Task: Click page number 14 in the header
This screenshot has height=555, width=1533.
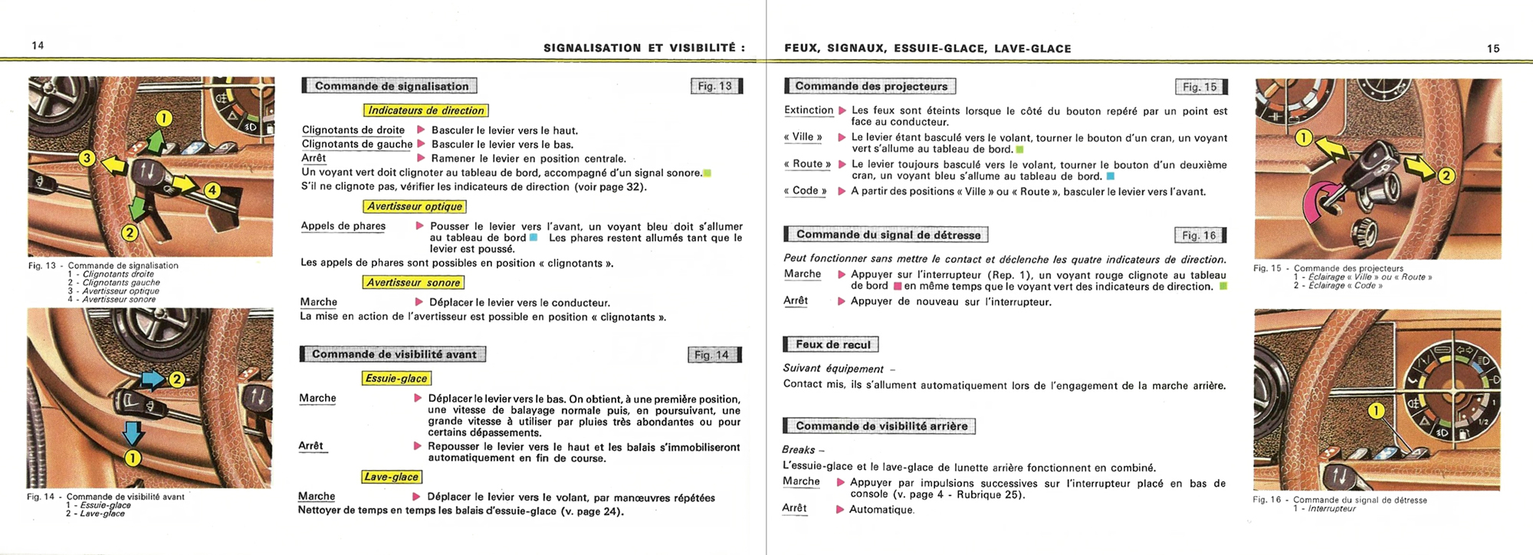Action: click(38, 45)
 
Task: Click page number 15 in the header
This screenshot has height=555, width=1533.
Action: click(1493, 48)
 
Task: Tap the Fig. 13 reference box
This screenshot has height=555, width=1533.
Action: click(715, 86)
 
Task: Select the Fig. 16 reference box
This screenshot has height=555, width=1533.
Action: click(1199, 235)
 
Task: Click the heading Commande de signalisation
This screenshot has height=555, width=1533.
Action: click(391, 86)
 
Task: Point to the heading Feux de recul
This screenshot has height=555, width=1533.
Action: click(832, 344)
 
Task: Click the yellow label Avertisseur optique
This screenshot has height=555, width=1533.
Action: click(415, 206)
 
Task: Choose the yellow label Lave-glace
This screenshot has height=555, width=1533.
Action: click(391, 477)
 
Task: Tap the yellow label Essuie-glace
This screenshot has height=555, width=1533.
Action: click(396, 378)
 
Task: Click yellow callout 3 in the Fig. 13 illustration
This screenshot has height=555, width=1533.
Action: click(87, 158)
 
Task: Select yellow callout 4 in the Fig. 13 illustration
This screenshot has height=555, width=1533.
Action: click(212, 190)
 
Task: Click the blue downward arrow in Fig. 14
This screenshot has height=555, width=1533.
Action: click(133, 433)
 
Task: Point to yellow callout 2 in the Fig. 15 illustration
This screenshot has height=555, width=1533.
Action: click(1446, 176)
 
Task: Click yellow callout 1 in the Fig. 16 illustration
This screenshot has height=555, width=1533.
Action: click(1377, 411)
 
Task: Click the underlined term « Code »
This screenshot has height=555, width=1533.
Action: click(805, 191)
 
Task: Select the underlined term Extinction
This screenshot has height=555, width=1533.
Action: click(809, 110)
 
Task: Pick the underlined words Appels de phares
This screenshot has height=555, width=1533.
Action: click(343, 226)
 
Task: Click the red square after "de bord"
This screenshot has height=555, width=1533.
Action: click(897, 287)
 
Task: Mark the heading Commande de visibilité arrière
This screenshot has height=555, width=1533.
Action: click(881, 426)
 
